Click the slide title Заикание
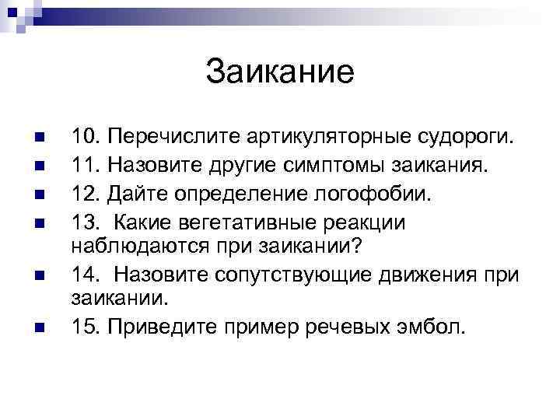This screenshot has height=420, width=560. click(x=280, y=72)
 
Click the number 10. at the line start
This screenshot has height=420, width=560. click(x=86, y=138)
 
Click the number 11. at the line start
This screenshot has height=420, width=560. click(x=86, y=164)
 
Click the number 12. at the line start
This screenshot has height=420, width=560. click(x=86, y=191)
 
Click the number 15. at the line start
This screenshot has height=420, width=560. click(x=86, y=326)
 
